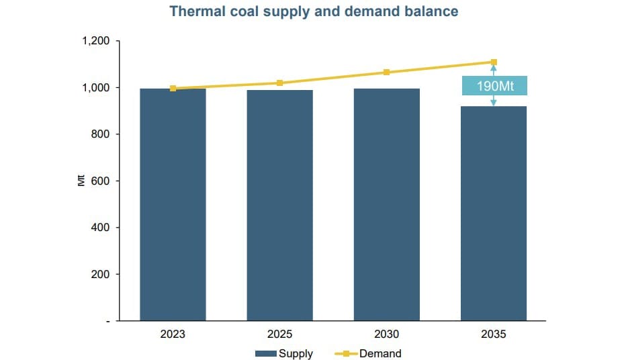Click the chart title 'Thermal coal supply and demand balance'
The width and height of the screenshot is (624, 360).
point(314,11)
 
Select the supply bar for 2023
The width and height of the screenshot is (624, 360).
point(173,204)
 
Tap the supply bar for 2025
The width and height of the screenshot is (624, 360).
point(279,205)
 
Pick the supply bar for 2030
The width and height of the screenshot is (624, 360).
point(386,204)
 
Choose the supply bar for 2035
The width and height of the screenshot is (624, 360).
point(494,213)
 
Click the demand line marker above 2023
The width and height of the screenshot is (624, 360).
point(173,88)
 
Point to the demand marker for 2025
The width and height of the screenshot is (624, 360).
point(280,83)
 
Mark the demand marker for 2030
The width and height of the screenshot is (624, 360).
point(387,72)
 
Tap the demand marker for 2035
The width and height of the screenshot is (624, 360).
point(494,62)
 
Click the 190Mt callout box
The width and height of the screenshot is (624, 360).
point(494,86)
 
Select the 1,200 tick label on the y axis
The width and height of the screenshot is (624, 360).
point(95,42)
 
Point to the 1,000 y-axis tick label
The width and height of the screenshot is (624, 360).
point(95,88)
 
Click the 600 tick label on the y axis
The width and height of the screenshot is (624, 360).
point(100,181)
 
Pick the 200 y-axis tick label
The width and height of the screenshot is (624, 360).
point(100,274)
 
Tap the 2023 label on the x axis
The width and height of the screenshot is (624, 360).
point(173,334)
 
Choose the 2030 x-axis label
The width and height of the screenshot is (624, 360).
point(386,334)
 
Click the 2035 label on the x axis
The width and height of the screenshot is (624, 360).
point(494,334)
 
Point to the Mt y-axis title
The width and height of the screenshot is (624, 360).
point(81,181)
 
